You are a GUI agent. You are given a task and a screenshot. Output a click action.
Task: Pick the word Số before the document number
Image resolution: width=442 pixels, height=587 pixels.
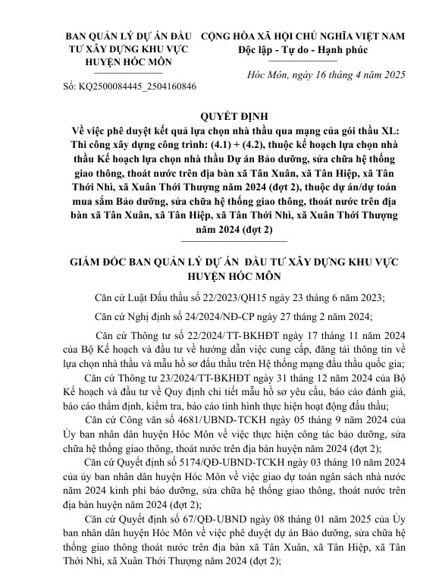66,87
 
